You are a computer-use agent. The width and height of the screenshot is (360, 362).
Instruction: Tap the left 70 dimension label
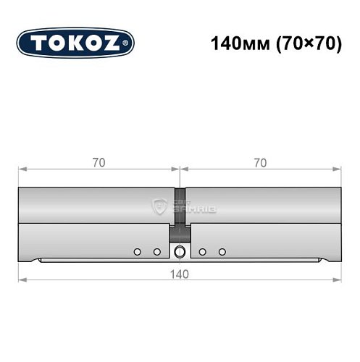(x=99, y=163)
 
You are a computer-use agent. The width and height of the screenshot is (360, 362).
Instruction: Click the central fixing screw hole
(x=179, y=251)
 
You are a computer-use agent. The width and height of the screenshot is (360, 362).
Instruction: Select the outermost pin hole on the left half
(x=137, y=251)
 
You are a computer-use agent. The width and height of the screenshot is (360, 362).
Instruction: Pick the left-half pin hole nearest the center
(x=156, y=251)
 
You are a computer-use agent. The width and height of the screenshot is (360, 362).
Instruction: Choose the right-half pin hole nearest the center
(x=203, y=251)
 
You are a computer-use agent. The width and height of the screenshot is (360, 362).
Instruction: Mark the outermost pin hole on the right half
(x=222, y=251)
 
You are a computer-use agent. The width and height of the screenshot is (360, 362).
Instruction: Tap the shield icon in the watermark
(x=159, y=207)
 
